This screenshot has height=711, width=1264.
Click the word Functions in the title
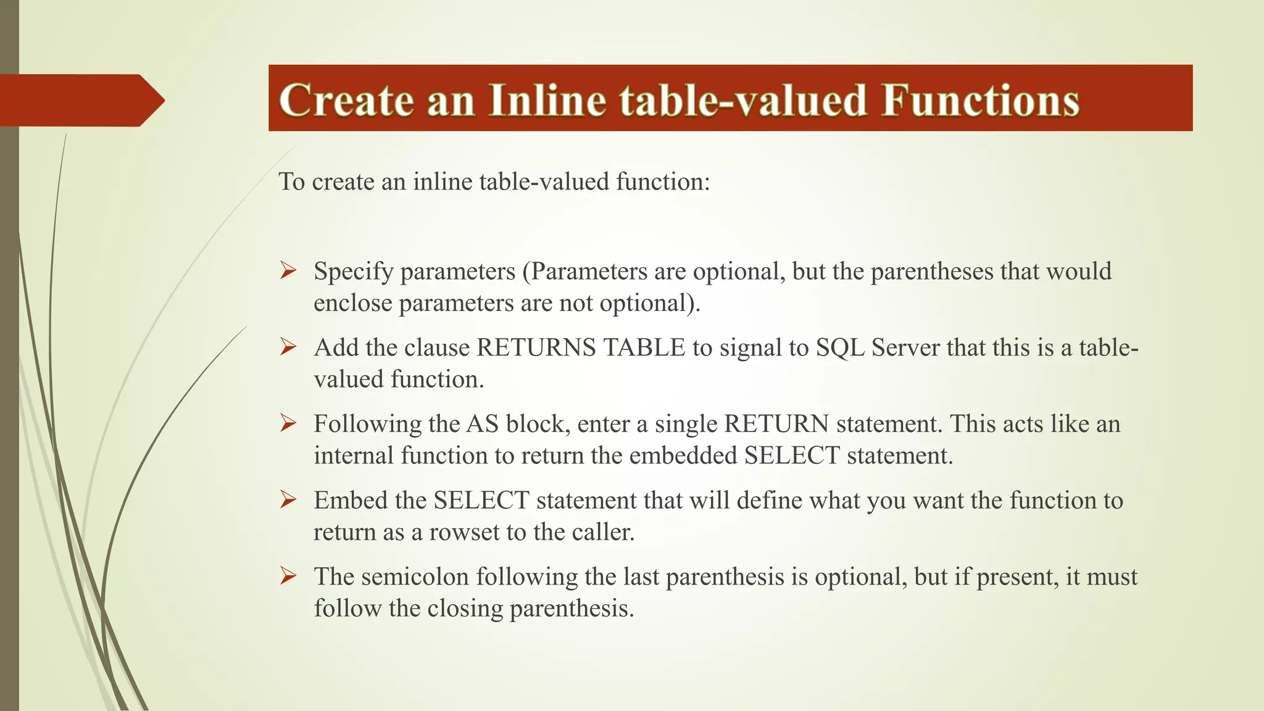tap(980, 100)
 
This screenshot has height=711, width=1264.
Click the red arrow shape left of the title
tap(80, 100)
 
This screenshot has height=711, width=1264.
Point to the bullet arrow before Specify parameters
tap(288, 270)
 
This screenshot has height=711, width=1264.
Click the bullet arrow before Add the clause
tap(288, 347)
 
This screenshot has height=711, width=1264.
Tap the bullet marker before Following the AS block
tap(288, 423)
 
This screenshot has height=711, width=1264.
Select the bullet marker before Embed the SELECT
tap(288, 499)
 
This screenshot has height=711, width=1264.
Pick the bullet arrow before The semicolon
tap(288, 576)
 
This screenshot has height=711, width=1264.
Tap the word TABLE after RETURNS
tap(644, 347)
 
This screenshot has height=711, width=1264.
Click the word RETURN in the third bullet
tap(776, 424)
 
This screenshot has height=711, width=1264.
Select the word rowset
tap(464, 532)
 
